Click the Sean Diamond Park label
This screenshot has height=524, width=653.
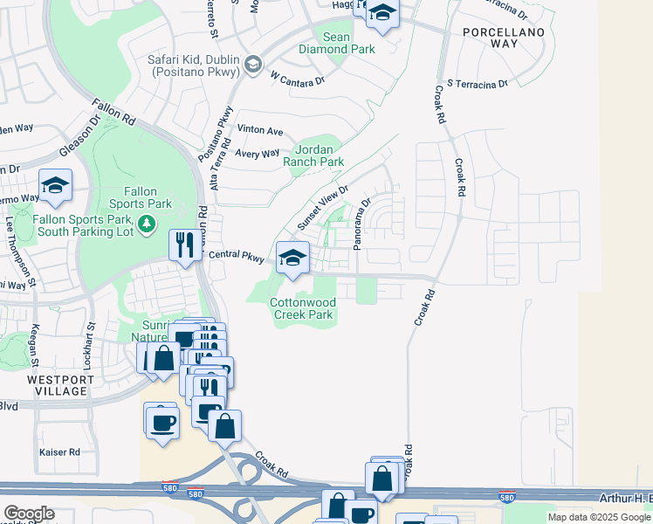click(x=348, y=43)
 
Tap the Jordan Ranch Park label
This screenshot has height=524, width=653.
click(x=320, y=155)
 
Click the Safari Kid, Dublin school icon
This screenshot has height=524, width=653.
click(x=253, y=64)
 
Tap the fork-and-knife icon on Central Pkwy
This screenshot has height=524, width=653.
click(x=183, y=245)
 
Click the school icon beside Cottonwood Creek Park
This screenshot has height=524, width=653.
click(x=292, y=258)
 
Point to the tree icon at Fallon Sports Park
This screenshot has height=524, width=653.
click(x=148, y=225)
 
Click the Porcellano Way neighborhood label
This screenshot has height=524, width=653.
click(x=504, y=38)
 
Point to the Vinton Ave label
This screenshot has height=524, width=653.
click(x=260, y=131)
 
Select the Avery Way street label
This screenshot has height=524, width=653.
click(x=258, y=153)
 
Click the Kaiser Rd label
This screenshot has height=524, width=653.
click(x=59, y=452)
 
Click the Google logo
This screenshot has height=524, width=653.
click(x=29, y=514)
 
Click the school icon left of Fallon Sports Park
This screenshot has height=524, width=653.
click(x=55, y=186)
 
